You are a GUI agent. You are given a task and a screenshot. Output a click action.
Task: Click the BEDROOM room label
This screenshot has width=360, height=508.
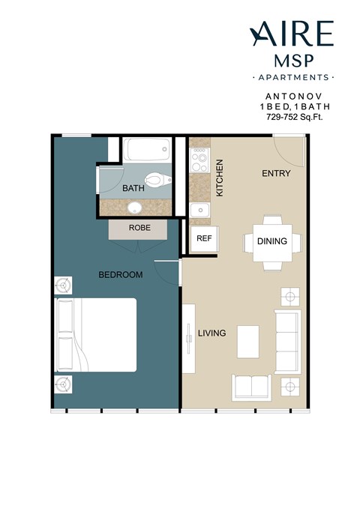(120, 275)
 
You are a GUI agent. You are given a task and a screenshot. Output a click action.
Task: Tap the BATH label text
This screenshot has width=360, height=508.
(133, 188)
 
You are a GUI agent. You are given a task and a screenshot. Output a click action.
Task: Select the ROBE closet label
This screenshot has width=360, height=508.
(139, 227)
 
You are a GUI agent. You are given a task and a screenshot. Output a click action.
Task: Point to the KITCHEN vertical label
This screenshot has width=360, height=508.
(220, 178)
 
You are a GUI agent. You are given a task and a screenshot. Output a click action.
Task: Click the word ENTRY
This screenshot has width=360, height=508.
(275, 174)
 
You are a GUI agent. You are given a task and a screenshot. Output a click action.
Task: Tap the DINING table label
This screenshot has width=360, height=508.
(271, 242)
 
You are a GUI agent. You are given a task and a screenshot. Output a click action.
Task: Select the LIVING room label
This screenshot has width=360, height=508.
(211, 333)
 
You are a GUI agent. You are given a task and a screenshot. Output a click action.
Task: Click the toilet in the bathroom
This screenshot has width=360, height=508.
(155, 180)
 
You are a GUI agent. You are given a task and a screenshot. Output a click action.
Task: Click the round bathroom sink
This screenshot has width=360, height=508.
(135, 208)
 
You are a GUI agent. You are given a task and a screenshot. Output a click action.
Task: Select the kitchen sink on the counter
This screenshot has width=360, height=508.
(199, 211)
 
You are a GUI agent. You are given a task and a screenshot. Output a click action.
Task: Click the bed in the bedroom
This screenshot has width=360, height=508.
(95, 335)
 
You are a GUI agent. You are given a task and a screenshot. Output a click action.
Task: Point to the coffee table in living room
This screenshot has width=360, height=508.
(248, 342)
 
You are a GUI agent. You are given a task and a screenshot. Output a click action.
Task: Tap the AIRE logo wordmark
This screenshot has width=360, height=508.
(292, 33)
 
